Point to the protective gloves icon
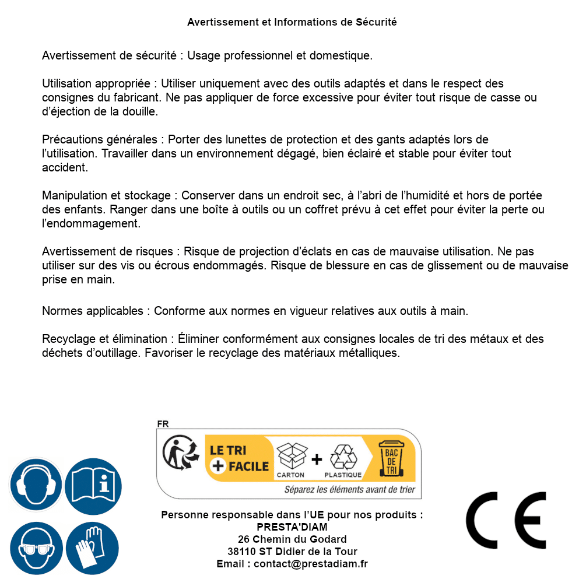point(93,549)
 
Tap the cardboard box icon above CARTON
point(291,456)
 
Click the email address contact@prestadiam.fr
point(311,564)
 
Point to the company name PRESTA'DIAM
point(292,527)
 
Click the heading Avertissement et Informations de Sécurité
point(292,22)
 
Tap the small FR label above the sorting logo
point(163,424)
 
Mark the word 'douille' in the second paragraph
point(138,111)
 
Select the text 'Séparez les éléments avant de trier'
point(349,490)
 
